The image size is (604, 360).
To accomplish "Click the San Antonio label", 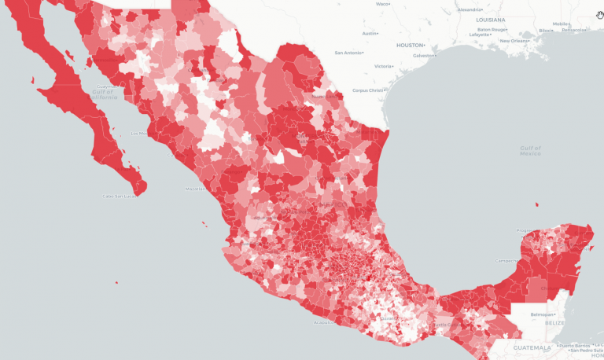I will pyautogui.click(x=348, y=53).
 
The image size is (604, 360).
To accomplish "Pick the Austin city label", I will pyautogui.click(x=370, y=34).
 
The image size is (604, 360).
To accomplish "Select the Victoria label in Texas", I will pyautogui.click(x=384, y=66).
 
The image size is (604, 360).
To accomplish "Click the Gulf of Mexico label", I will pyautogui.click(x=530, y=150).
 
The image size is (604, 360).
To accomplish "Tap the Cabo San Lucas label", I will pyautogui.click(x=120, y=196).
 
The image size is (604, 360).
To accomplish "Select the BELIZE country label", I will pyautogui.click(x=555, y=322).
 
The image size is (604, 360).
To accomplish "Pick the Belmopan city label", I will pyautogui.click(x=541, y=314).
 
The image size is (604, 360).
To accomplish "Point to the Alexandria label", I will pyautogui.click(x=470, y=9).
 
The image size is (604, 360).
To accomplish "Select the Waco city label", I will pyautogui.click(x=382, y=4).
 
